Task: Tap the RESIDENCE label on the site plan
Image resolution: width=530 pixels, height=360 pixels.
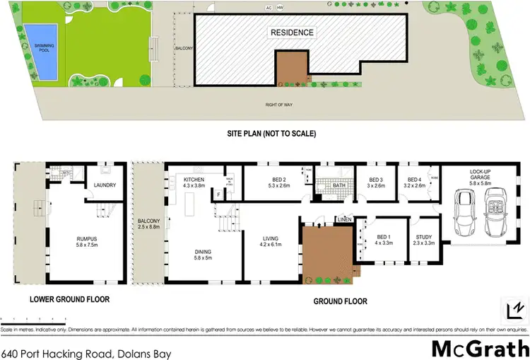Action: tap(291, 33)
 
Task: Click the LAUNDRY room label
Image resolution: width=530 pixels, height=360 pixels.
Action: tap(105, 186)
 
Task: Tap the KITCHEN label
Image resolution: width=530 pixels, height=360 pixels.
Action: tap(194, 180)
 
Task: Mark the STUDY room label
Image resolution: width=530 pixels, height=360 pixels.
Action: tap(424, 238)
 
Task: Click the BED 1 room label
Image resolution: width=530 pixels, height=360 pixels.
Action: tap(382, 238)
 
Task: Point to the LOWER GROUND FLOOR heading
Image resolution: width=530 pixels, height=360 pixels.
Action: tap(69, 299)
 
